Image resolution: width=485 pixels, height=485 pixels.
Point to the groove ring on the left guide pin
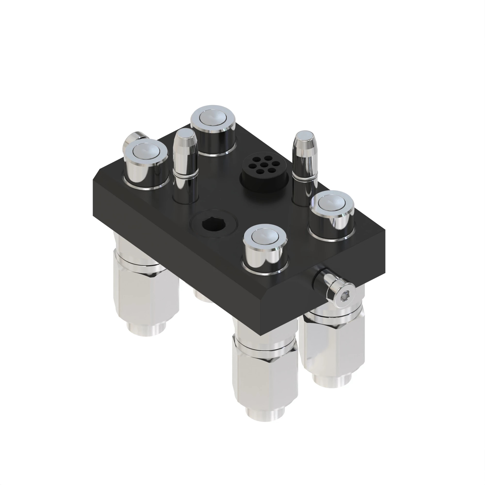pyautogui.click(x=186, y=175)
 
